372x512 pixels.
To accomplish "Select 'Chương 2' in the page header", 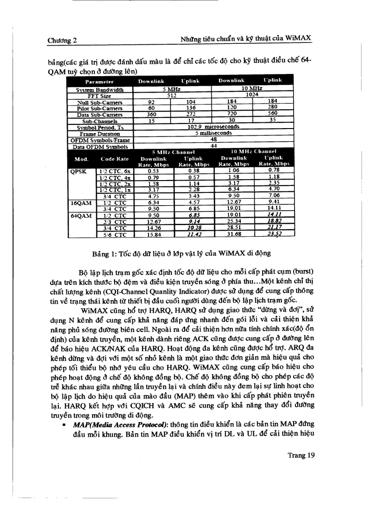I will click(x=62, y=40).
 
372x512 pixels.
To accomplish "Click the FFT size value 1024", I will click(x=252, y=95).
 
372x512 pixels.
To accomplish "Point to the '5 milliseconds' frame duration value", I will click(x=213, y=133).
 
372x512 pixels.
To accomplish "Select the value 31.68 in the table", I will click(x=233, y=235).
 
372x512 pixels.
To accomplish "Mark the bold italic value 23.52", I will click(x=274, y=235).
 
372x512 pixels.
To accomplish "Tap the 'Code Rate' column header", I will click(x=114, y=159).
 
